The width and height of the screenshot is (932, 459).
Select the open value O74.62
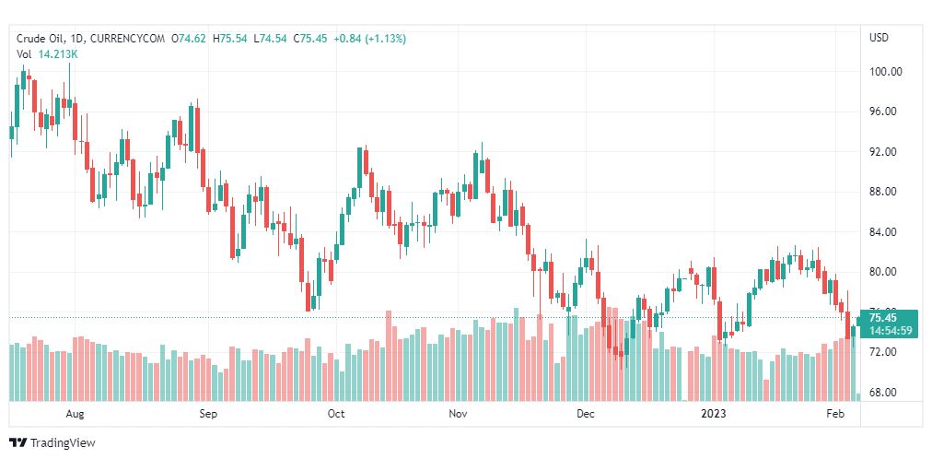[189, 38]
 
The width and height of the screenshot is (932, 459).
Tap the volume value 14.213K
[58, 54]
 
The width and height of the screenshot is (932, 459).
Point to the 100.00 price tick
[885, 72]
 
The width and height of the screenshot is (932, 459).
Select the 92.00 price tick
[885, 152]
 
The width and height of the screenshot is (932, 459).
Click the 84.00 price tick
[885, 232]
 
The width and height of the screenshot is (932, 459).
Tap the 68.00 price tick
[885, 393]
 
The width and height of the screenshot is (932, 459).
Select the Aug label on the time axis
[76, 415]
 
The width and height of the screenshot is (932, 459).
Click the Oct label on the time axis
[335, 415]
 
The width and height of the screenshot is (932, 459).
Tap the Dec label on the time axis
[586, 415]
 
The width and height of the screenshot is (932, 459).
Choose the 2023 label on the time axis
[715, 415]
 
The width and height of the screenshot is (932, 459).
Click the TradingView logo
[52, 443]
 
